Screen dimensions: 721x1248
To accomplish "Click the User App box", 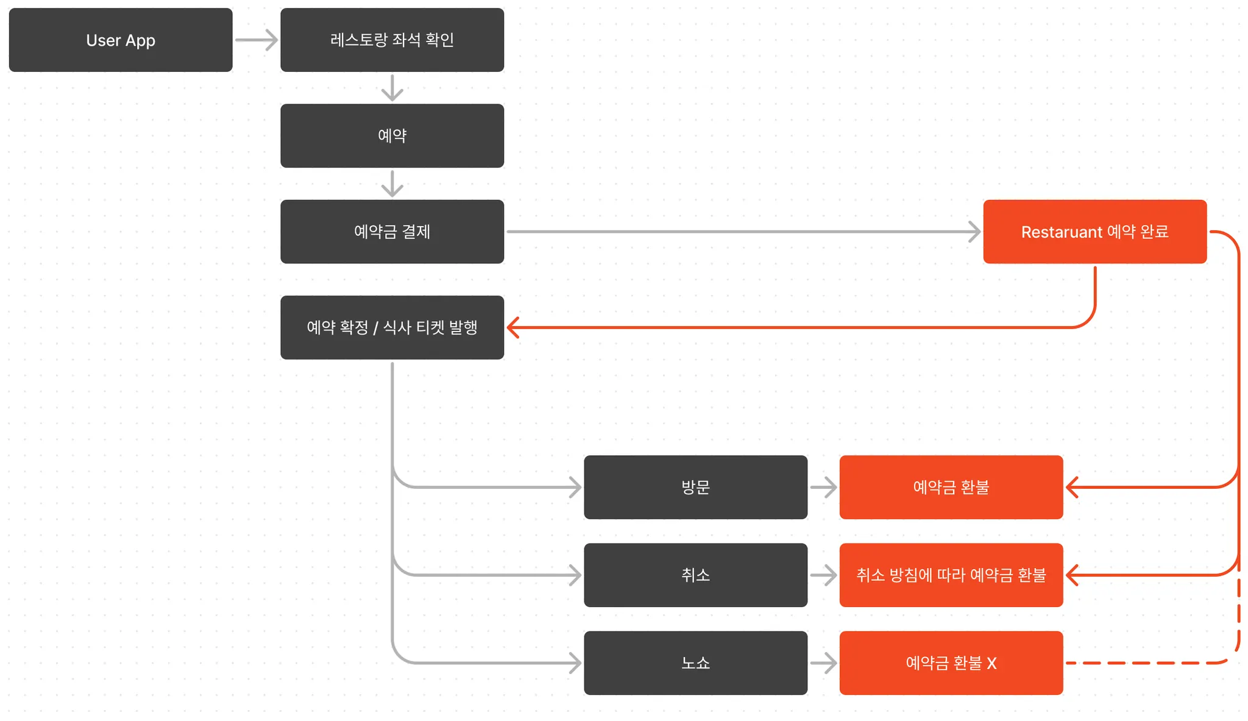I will click(x=121, y=40).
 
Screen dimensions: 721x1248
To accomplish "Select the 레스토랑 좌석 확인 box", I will click(x=392, y=40).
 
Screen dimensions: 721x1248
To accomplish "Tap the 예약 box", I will click(x=392, y=136).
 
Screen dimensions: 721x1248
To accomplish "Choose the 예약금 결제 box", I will click(x=392, y=232).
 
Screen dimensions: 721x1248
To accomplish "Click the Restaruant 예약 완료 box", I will click(x=1094, y=232).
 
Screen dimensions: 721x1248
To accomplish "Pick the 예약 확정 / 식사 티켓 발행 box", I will click(x=392, y=327).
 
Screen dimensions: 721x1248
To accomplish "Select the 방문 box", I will click(x=695, y=487).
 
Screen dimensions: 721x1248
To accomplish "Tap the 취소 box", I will click(x=695, y=575).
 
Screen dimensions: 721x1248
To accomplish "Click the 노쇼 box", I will click(x=695, y=662).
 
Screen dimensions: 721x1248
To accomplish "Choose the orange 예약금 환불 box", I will click(x=951, y=487).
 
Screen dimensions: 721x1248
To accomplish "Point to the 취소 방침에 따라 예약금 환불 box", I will click(x=951, y=575).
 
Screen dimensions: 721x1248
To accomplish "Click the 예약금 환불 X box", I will click(x=951, y=662).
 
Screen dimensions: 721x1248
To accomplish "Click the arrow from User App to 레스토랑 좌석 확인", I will click(x=256, y=40).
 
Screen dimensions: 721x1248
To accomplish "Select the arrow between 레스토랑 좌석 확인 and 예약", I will click(x=392, y=88).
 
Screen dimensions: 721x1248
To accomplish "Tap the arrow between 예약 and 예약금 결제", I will click(x=392, y=184).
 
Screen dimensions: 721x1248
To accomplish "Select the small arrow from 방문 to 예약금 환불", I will click(x=823, y=487).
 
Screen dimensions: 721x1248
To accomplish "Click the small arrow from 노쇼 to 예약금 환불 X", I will click(x=823, y=662).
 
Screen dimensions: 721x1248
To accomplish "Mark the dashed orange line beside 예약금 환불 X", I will click(x=1146, y=662).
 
